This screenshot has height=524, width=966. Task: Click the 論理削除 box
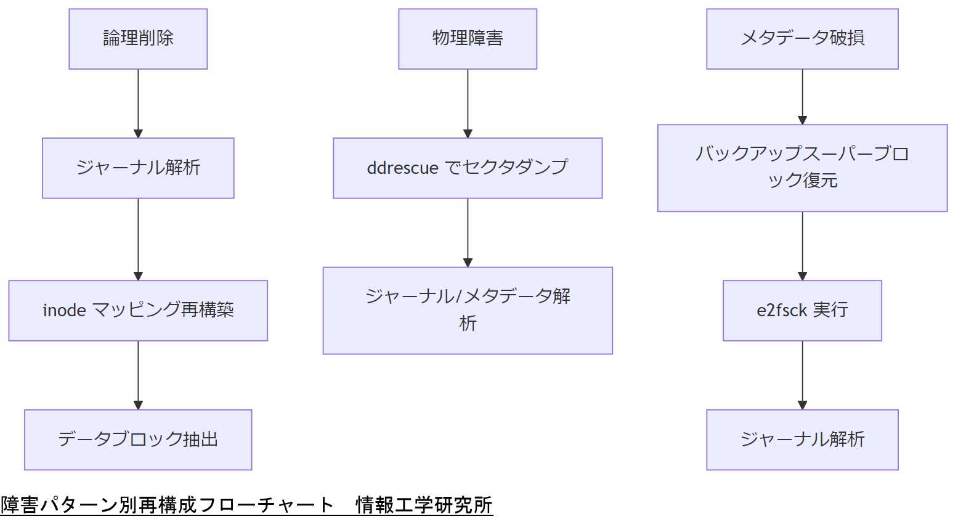coord(138,39)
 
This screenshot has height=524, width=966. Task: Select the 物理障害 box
coord(468,39)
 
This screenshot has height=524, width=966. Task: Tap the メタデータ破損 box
coord(802,39)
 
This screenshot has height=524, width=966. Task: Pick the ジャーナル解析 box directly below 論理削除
coord(138,168)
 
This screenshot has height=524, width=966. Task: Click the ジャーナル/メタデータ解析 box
coord(468,310)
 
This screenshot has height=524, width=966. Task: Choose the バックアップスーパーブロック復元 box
coord(802,168)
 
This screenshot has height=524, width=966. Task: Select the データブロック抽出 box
coord(138,440)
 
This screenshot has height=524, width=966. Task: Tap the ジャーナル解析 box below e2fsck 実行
coord(802,440)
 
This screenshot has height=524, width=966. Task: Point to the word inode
coord(64,310)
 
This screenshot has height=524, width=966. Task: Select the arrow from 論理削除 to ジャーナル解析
coord(138,103)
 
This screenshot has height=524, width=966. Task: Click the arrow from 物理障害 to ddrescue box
coord(468,103)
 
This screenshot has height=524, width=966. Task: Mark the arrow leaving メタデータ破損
coord(802,96)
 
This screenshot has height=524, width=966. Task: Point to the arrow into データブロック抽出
coord(138,375)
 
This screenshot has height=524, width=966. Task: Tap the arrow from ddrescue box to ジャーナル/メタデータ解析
coord(468,232)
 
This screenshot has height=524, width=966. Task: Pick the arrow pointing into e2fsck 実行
coord(802,245)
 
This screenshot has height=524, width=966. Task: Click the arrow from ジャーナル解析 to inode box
coord(138,239)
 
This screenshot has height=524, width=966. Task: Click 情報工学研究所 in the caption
coord(424,505)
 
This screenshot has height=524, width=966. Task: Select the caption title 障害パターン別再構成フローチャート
coord(167,505)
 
